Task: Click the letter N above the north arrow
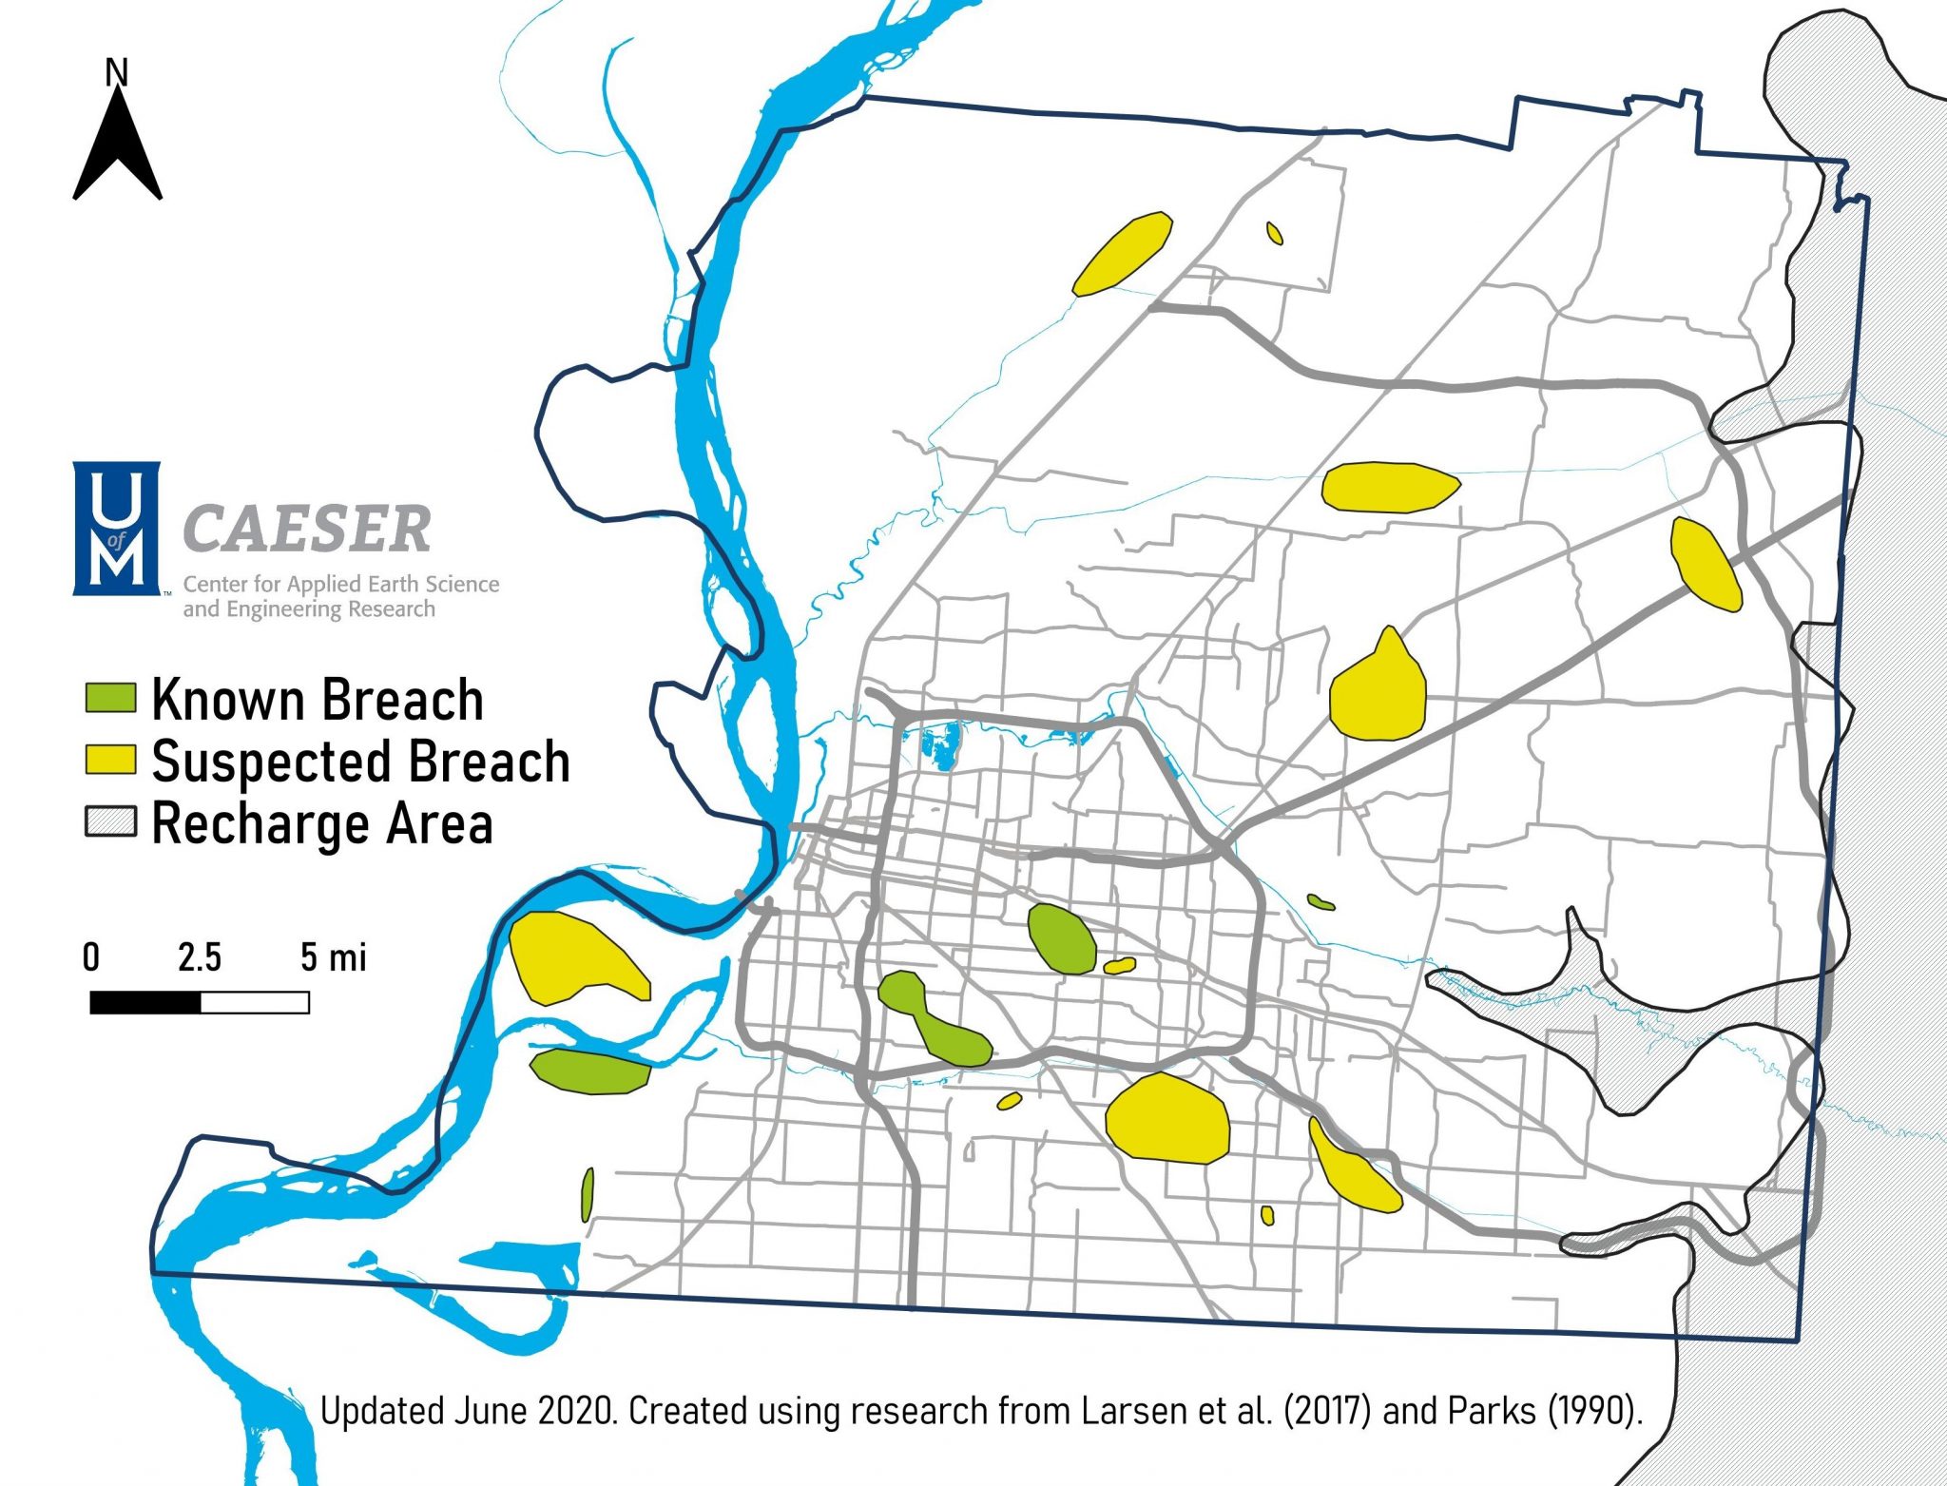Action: [x=116, y=72]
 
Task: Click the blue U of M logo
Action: [x=116, y=529]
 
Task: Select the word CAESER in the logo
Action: [x=306, y=530]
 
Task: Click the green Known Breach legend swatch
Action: [x=110, y=698]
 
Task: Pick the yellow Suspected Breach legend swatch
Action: [x=110, y=760]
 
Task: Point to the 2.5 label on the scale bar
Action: [x=199, y=957]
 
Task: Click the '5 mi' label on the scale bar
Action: [x=333, y=957]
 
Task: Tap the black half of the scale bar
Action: [x=145, y=1002]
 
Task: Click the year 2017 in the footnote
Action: [x=1327, y=1411]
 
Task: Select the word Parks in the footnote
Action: [x=1492, y=1411]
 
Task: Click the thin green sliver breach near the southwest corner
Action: [x=588, y=1195]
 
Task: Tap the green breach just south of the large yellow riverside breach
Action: [x=590, y=1071]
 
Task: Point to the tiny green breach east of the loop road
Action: [x=1320, y=901]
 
